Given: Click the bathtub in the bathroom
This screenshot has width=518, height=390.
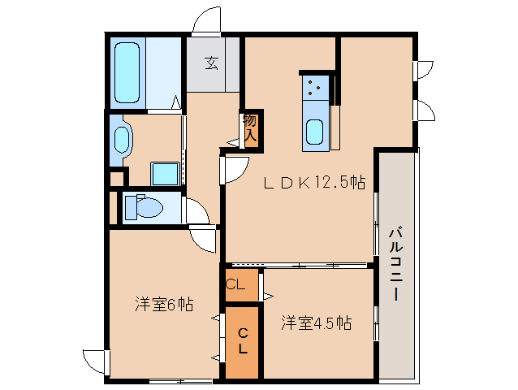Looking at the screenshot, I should tap(128, 73).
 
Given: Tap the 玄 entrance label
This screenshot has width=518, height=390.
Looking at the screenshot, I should tap(211, 63).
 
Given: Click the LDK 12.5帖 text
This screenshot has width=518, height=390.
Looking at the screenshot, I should tap(313, 184).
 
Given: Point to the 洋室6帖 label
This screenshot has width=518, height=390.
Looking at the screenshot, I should tap(163, 305).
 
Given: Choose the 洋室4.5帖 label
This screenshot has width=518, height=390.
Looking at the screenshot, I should tap(317, 323).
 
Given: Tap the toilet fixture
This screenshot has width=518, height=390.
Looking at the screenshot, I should tap(143, 207).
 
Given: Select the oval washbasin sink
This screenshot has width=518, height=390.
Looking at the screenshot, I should tap(123, 136).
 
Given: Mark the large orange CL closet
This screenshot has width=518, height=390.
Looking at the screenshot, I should tap(242, 342).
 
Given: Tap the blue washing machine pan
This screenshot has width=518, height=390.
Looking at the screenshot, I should tap(166, 173).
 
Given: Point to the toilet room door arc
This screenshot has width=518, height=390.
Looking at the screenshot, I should tap(197, 212).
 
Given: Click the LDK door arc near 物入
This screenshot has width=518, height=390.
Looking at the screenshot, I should tap(235, 168).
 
